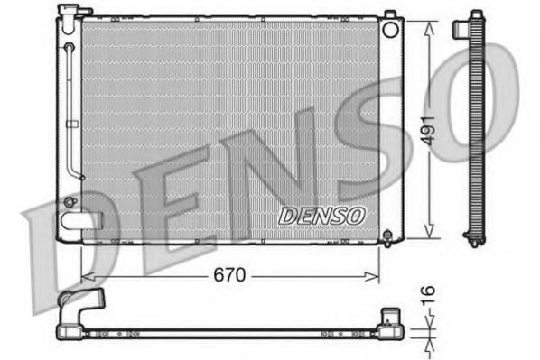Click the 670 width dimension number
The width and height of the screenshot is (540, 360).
230,273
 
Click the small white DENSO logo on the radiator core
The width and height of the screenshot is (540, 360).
321,216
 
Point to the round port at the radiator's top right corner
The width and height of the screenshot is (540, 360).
390,28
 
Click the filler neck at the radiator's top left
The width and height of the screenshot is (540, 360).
68,12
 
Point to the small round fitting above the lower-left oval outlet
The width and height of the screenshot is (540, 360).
70,199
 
